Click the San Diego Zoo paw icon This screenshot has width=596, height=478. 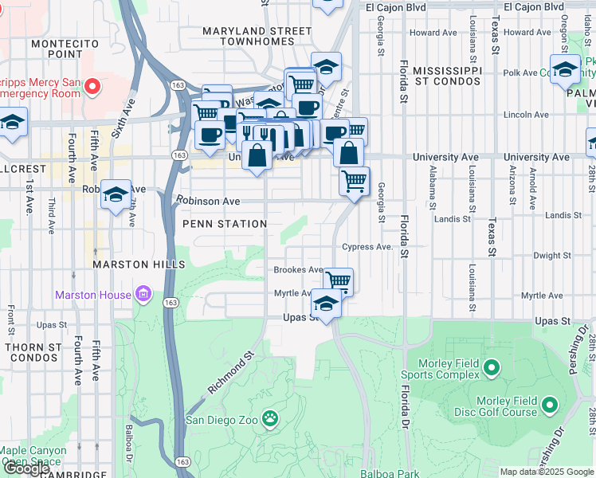[x=271, y=417]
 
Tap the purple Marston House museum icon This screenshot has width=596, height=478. [x=143, y=296]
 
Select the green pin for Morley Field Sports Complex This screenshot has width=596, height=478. [x=492, y=368]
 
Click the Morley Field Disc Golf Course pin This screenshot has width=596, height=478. [x=549, y=407]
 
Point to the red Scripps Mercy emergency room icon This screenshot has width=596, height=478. [x=93, y=85]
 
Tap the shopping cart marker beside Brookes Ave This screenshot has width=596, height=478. [x=339, y=280]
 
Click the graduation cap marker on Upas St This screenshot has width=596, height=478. [x=325, y=303]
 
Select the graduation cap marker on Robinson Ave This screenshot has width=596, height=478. [x=116, y=194]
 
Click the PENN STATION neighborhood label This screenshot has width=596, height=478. [x=225, y=224]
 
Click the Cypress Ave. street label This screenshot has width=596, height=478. [x=367, y=247]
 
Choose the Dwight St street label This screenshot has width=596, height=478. [x=549, y=256]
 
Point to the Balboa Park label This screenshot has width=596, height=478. [x=388, y=472]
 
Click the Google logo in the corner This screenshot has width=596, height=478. [x=27, y=468]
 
